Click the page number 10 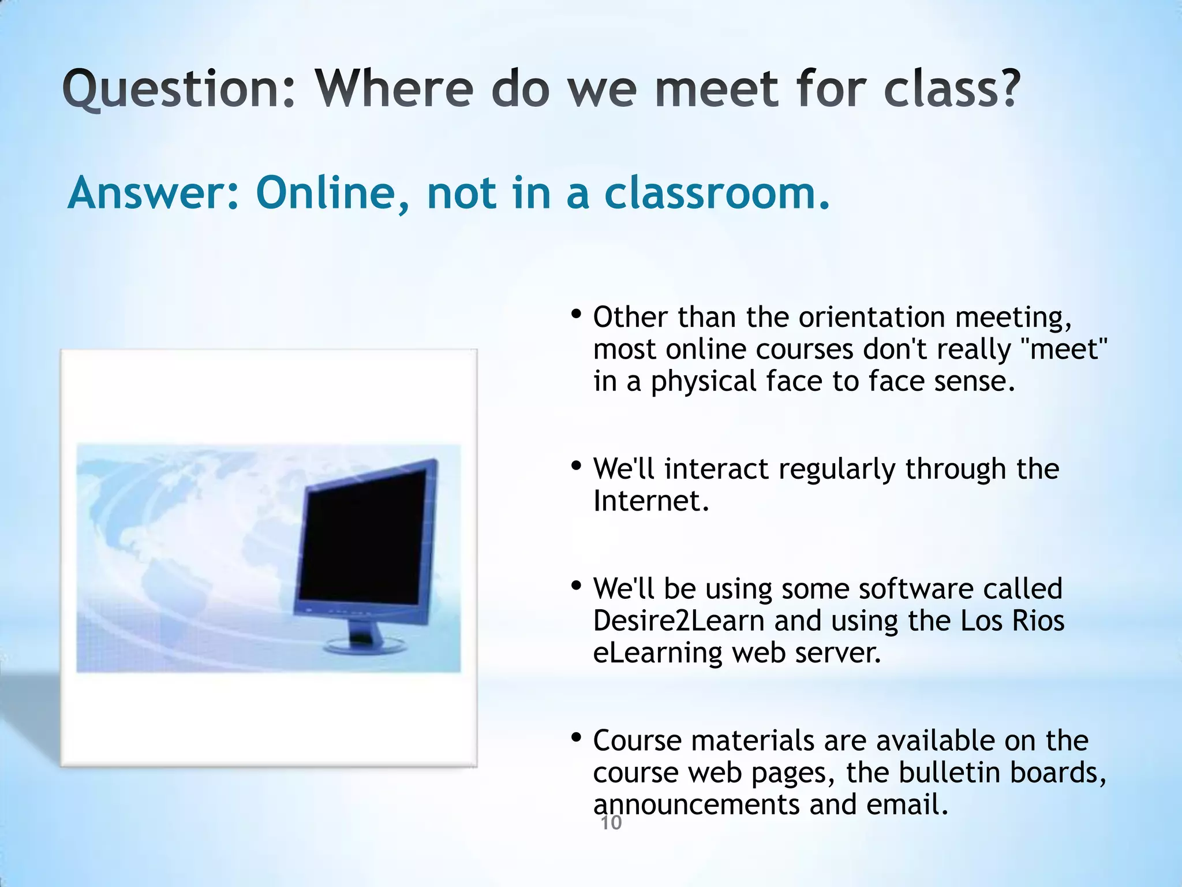611,823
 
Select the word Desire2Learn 678,621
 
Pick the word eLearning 657,653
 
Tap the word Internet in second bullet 650,501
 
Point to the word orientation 871,318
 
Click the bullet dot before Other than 575,315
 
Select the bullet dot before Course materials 575,737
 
